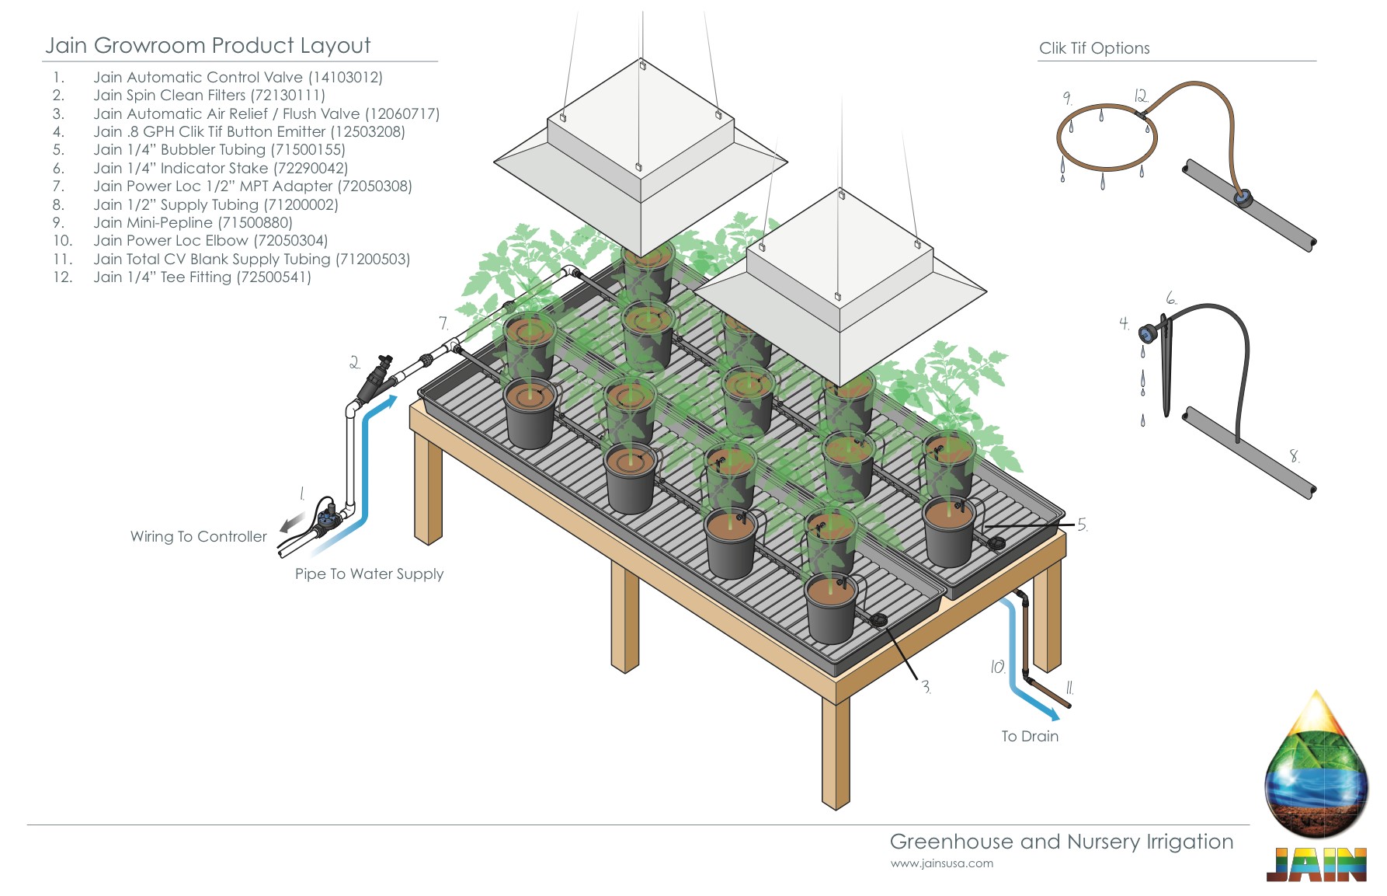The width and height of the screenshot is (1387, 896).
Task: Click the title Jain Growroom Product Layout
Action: (x=207, y=45)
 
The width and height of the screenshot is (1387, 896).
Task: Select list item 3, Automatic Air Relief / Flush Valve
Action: (x=266, y=113)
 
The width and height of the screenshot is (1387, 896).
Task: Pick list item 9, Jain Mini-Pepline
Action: (x=193, y=223)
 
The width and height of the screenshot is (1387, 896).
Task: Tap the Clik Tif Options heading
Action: (x=1094, y=48)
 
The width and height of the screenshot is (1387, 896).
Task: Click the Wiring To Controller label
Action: (x=198, y=536)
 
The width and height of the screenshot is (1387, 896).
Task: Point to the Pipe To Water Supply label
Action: (x=369, y=574)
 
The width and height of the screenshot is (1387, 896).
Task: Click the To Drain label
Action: (x=1030, y=736)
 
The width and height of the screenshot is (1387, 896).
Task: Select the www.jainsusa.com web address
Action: (x=941, y=863)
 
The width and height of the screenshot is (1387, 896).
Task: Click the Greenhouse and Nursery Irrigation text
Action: (x=1061, y=842)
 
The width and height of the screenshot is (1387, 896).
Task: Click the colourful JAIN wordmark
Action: (x=1316, y=865)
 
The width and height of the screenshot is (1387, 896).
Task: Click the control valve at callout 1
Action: (x=329, y=514)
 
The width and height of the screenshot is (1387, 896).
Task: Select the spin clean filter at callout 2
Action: (x=376, y=378)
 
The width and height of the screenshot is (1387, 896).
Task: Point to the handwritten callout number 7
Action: (x=443, y=323)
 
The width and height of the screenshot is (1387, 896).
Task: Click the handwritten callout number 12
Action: (x=1140, y=96)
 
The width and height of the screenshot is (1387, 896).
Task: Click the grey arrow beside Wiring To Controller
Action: (x=290, y=524)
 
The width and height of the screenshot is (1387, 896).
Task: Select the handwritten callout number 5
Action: (x=1082, y=525)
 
